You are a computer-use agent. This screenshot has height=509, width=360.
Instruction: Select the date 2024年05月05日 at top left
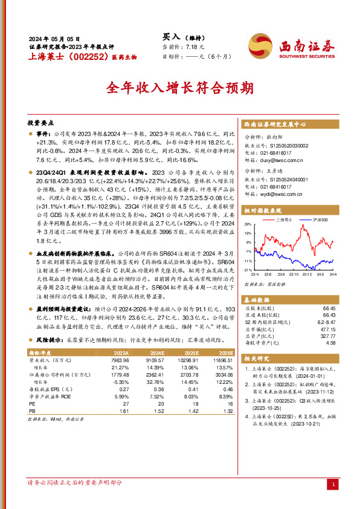(x=54, y=38)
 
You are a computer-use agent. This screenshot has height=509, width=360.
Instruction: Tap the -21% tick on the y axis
(x=248, y=270)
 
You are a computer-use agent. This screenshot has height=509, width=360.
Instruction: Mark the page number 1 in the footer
(x=333, y=484)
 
